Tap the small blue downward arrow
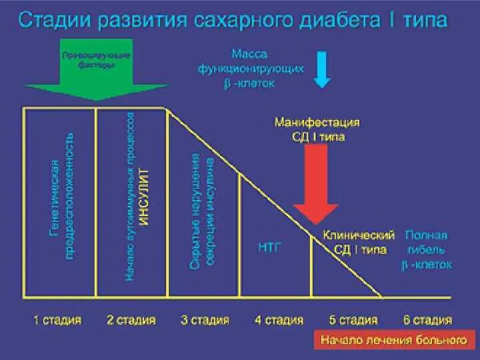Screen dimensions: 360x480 tap(322, 69)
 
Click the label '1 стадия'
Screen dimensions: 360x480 tap(57, 320)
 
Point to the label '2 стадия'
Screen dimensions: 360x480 tap(131, 320)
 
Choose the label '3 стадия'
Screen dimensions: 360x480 tap(205, 320)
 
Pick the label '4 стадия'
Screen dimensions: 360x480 tap(279, 320)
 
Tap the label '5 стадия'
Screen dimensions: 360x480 tap(353, 320)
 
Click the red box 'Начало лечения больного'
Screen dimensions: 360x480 tap(393, 340)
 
